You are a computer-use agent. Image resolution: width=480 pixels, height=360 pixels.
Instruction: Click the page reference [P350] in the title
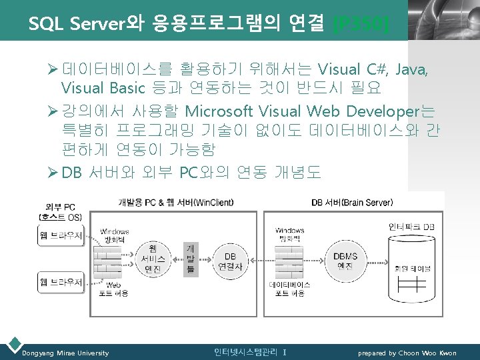(361, 25)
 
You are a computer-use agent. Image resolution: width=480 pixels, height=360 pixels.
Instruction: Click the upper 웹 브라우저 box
(61, 235)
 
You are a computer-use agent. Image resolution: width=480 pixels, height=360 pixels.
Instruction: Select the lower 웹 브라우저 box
(61, 282)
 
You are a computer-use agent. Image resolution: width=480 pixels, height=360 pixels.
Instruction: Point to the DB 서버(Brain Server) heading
(352, 202)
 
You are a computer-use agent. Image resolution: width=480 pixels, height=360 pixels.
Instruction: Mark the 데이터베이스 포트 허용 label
(289, 289)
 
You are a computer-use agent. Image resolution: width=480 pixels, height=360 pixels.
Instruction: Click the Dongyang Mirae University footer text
(65, 353)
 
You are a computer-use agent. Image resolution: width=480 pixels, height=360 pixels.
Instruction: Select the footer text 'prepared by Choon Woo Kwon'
(407, 353)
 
